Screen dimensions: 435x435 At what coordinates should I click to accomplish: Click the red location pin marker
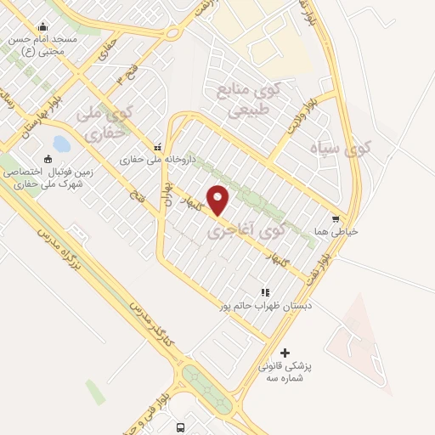point(218,200)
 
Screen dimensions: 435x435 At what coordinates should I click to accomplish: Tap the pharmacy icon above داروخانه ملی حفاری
point(156,145)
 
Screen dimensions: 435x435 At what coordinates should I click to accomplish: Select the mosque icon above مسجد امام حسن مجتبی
point(42,26)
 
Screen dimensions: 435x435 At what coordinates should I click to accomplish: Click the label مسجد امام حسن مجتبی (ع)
point(42,45)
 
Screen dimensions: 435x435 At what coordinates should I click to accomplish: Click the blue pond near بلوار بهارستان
point(61,144)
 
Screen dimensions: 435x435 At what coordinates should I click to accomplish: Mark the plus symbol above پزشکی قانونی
point(285,353)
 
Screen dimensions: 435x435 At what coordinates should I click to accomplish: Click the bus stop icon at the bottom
point(180,427)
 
